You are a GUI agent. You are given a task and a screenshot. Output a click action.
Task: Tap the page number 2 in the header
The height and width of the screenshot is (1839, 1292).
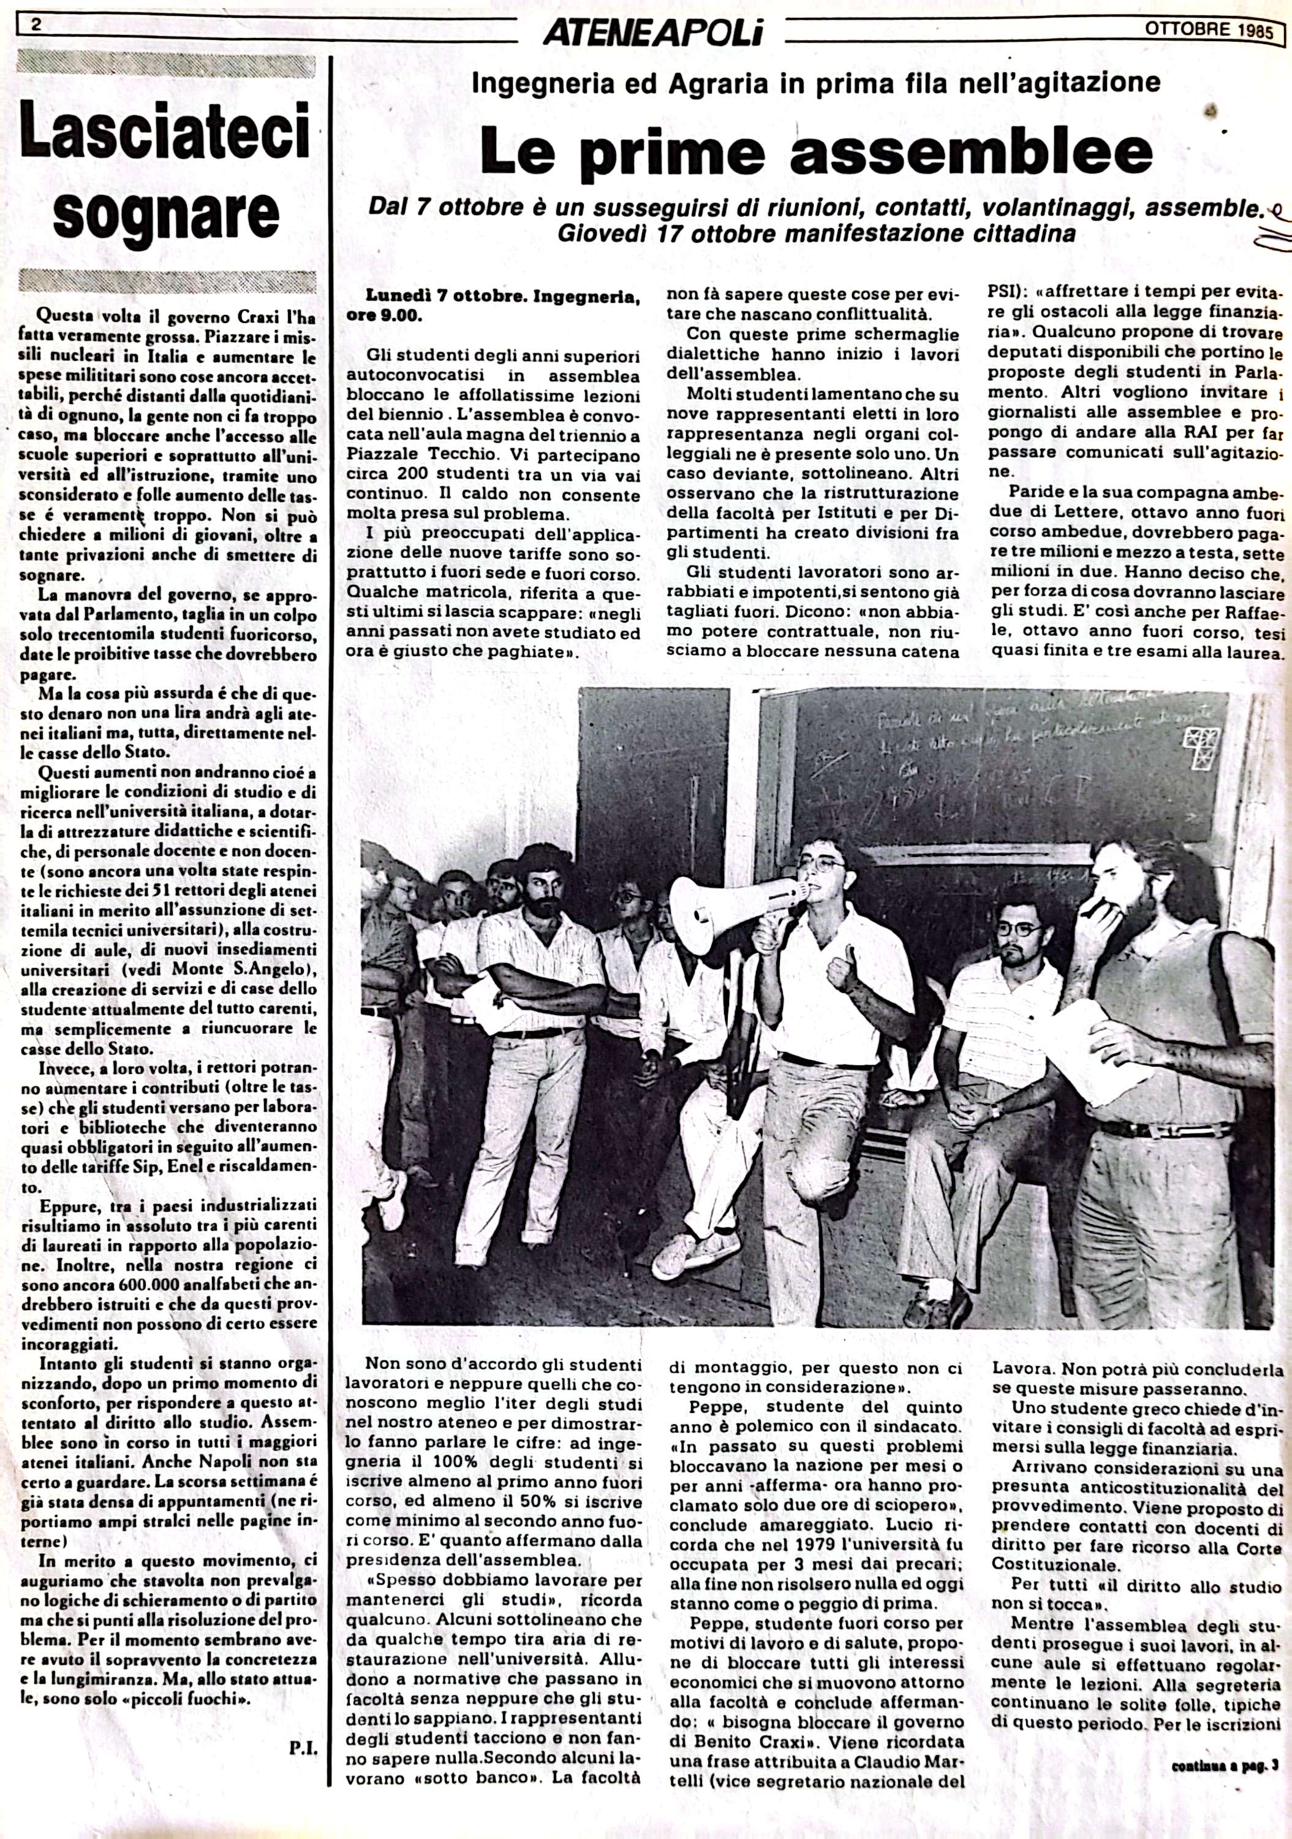[x=37, y=24]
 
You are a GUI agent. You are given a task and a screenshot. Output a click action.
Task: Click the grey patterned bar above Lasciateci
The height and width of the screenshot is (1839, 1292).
[x=165, y=62]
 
